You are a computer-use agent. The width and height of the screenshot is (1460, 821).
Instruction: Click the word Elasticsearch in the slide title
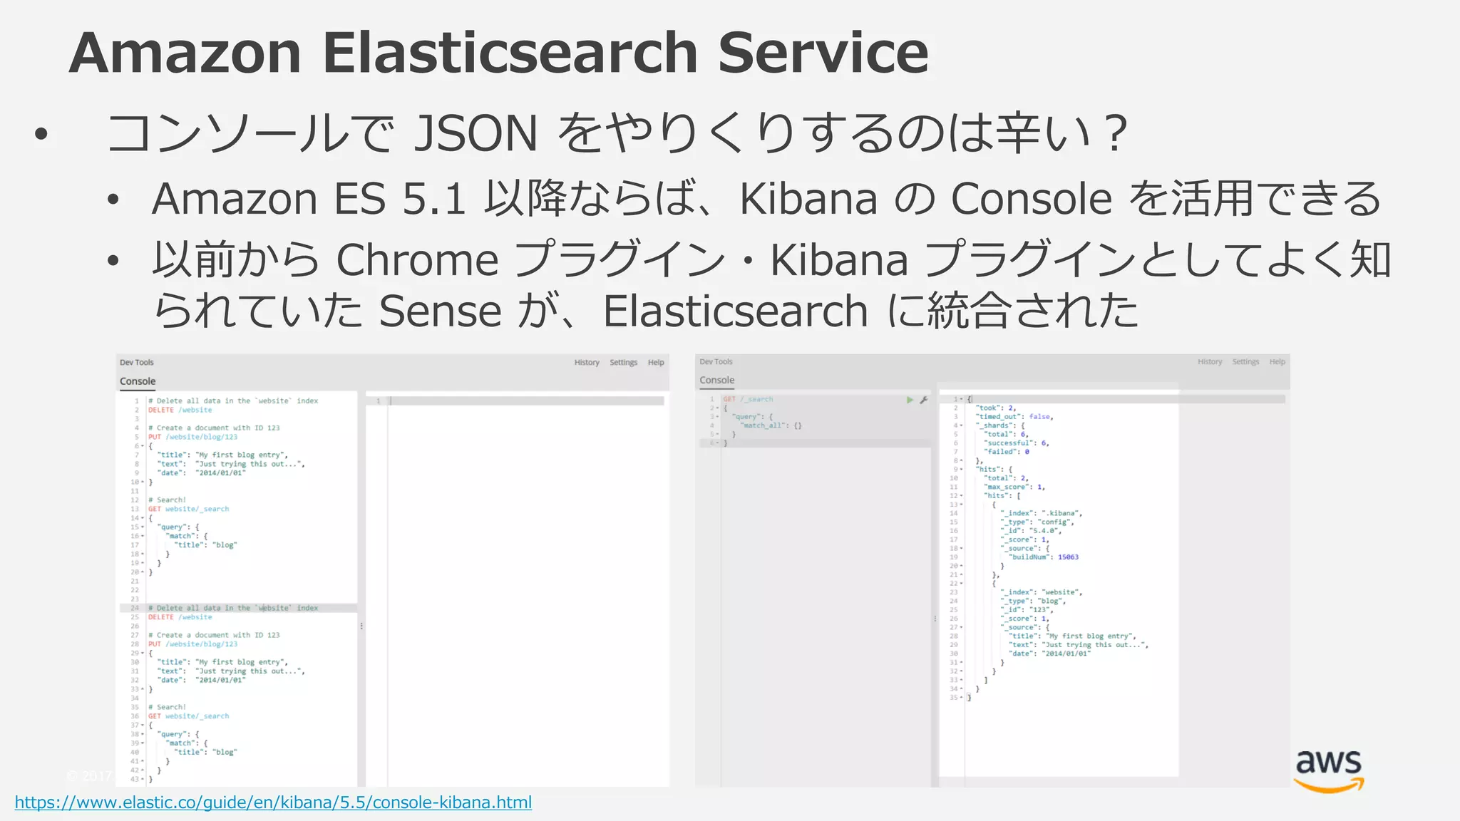click(510, 53)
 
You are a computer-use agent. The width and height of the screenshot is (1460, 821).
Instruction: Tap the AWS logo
click(1328, 770)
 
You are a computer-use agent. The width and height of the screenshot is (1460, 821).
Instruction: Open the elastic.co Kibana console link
click(273, 802)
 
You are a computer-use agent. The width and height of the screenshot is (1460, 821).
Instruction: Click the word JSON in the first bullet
click(475, 133)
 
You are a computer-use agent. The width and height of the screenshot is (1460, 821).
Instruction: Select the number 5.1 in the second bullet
click(433, 198)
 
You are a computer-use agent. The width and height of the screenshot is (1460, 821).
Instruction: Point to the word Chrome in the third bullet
click(417, 259)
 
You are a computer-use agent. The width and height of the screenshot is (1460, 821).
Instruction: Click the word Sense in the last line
click(440, 311)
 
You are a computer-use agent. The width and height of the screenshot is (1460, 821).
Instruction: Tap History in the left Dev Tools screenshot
click(587, 363)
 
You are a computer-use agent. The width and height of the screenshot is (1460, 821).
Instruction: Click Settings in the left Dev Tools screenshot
click(623, 363)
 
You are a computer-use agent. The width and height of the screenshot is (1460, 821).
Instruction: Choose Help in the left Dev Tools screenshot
click(656, 363)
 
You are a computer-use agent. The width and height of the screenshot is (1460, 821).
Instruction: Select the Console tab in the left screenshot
click(138, 381)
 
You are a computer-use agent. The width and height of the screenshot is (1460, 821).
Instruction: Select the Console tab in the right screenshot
click(716, 381)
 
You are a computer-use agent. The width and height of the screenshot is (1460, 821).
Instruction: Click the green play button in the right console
click(910, 400)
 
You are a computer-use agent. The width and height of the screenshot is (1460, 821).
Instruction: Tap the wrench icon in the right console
click(923, 400)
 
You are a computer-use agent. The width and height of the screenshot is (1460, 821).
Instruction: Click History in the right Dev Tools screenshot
click(1210, 362)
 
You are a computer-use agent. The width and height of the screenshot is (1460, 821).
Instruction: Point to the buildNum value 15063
click(1068, 557)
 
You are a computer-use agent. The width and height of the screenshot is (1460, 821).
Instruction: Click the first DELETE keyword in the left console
click(161, 410)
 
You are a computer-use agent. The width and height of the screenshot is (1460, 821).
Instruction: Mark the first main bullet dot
click(41, 134)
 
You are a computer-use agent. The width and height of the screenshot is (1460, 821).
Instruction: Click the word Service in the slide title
click(823, 53)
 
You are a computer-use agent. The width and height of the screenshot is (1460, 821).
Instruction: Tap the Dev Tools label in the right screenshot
click(716, 362)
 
